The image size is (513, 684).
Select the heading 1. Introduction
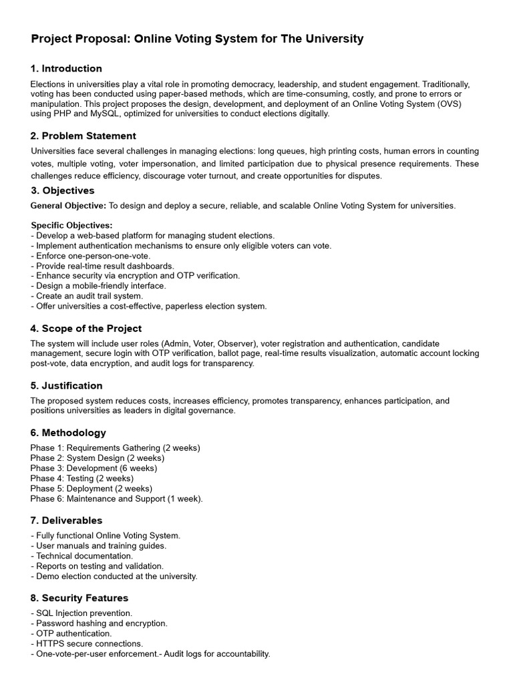(66, 68)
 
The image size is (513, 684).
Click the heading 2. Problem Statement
(83, 136)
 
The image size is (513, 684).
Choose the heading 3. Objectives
(62, 190)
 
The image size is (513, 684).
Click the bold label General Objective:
(68, 205)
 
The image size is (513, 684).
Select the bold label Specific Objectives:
(72, 225)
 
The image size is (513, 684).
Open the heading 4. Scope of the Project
(85, 329)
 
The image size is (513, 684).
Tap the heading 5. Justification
(66, 385)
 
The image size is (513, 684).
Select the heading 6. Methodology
(68, 433)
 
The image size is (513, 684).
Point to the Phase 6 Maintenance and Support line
(116, 499)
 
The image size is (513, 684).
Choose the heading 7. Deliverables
(66, 520)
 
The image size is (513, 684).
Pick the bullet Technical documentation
(82, 556)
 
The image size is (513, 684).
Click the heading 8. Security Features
(79, 598)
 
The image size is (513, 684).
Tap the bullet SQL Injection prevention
(81, 613)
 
